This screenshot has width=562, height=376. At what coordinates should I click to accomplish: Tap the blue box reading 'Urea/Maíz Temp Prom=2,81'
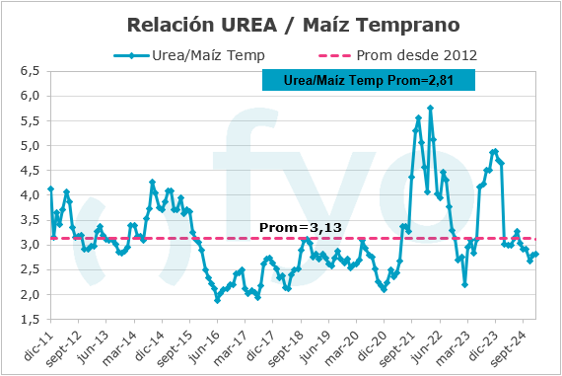coord(369,80)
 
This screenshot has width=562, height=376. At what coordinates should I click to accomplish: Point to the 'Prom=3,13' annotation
coord(300,228)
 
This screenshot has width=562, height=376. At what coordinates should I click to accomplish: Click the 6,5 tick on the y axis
coord(30,71)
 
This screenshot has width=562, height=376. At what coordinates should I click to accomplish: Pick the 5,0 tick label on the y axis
coord(30,145)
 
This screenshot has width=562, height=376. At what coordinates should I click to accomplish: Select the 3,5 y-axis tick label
coord(30,220)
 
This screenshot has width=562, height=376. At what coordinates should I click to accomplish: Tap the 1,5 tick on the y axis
coord(30,319)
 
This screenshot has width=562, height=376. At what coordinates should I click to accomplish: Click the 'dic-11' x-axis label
coord(36,339)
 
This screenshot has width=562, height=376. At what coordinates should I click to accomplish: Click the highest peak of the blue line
coord(431,108)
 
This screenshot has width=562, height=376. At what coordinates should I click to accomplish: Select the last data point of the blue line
coord(535,254)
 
